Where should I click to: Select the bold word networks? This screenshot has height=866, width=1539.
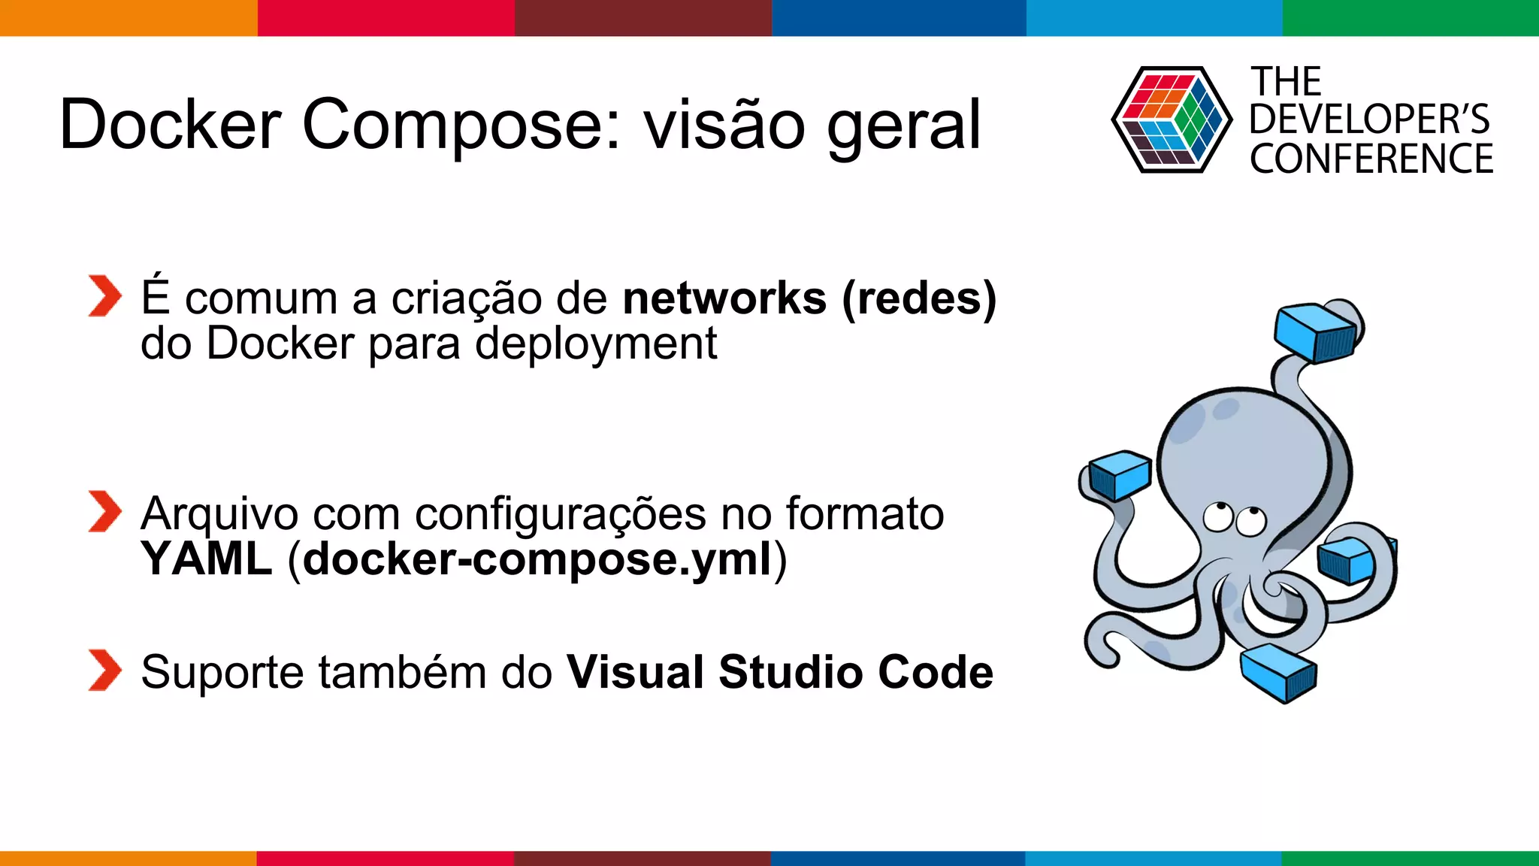(724, 298)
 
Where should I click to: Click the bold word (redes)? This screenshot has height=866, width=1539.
(919, 298)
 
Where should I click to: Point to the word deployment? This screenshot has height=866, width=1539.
(596, 345)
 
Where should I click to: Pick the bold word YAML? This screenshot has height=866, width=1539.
(207, 559)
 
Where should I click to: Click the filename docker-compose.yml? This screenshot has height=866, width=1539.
(537, 560)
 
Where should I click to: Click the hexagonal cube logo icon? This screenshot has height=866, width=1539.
(1172, 120)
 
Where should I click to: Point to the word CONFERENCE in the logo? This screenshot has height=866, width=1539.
(1371, 159)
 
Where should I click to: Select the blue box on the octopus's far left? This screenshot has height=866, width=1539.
(1120, 475)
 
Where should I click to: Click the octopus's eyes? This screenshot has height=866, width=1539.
(1235, 519)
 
